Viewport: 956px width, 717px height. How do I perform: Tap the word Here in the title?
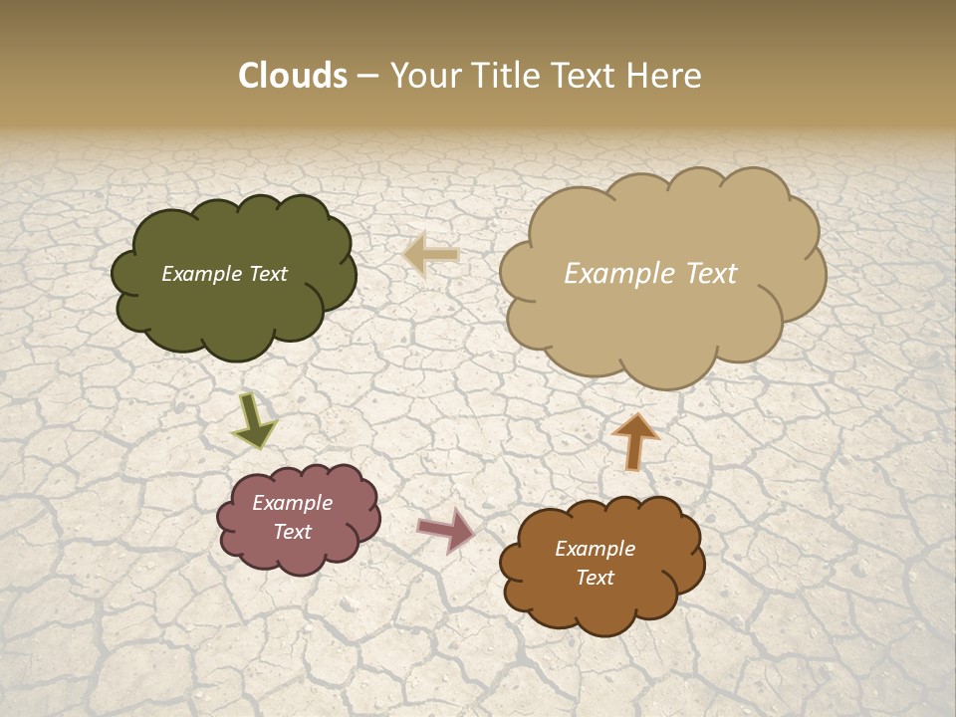[x=665, y=76]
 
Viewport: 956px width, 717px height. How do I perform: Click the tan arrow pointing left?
[x=432, y=256]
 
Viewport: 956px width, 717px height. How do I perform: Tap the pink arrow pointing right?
[x=446, y=529]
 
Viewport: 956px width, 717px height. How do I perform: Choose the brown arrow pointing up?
[x=635, y=441]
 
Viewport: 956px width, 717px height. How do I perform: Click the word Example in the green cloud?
[x=199, y=274]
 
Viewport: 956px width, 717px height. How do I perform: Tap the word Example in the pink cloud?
[x=292, y=503]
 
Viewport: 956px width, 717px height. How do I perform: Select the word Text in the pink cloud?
[x=292, y=532]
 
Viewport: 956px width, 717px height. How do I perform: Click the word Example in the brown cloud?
[x=595, y=549]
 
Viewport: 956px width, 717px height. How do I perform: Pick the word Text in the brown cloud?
[x=595, y=578]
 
